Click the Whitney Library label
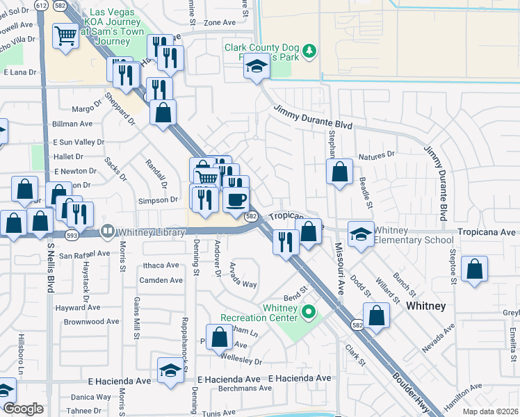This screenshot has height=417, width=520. [150, 231]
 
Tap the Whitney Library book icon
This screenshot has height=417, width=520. [108, 231]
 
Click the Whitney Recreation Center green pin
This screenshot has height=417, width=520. [311, 313]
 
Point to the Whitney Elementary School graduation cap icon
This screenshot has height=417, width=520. [360, 236]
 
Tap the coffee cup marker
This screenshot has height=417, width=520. [236, 200]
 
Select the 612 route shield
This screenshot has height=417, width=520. [41, 5]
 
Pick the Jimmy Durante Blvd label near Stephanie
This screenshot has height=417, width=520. [313, 118]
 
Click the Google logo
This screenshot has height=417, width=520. [23, 409]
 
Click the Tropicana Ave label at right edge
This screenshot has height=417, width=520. [487, 231]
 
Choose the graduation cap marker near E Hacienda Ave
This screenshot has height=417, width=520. [170, 371]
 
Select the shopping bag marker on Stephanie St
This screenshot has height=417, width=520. [339, 172]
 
